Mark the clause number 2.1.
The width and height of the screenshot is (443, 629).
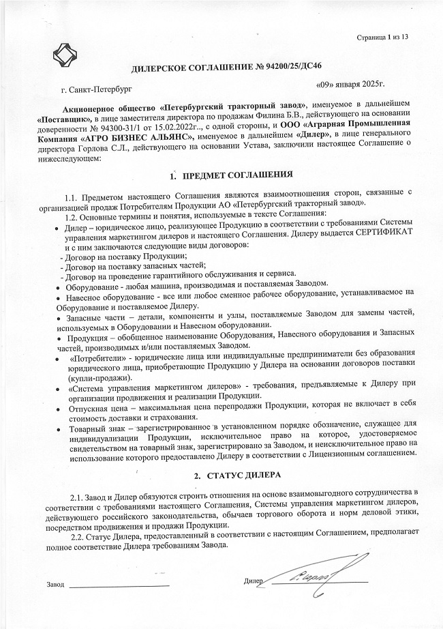coord(79,493)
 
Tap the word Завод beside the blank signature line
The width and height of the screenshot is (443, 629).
coord(55,585)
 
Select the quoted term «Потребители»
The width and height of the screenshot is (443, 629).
coord(100,357)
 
